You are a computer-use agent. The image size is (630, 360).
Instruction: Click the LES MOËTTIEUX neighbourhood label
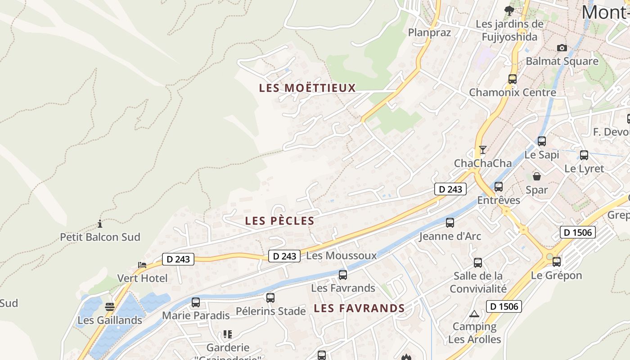pyautogui.click(x=307, y=88)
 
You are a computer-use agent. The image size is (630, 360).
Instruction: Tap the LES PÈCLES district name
pyautogui.click(x=279, y=220)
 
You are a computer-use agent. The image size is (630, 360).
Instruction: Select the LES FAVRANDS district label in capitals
pyautogui.click(x=359, y=308)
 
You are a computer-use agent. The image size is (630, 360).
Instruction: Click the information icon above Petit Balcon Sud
pyautogui.click(x=100, y=224)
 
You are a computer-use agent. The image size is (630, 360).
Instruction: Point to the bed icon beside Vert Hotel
pyautogui.click(x=142, y=265)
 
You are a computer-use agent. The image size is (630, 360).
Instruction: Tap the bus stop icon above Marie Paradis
pyautogui.click(x=195, y=302)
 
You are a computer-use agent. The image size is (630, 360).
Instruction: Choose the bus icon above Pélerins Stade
pyautogui.click(x=270, y=297)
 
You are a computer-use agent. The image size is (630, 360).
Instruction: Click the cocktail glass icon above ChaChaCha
pyautogui.click(x=483, y=150)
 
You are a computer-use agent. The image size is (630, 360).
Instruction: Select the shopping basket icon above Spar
pyautogui.click(x=536, y=176)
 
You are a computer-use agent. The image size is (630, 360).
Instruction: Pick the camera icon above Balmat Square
pyautogui.click(x=562, y=48)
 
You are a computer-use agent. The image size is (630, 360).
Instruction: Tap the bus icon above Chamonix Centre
pyautogui.click(x=512, y=79)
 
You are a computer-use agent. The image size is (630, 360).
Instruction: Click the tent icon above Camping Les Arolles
pyautogui.click(x=474, y=314)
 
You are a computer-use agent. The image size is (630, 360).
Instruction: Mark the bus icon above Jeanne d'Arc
pyautogui.click(x=450, y=222)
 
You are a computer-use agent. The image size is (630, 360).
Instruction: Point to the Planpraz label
pyautogui.click(x=429, y=32)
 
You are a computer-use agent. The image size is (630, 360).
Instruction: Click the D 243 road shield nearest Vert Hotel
pyautogui.click(x=178, y=259)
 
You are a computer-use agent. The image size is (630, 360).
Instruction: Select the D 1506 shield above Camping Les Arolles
pyautogui.click(x=504, y=307)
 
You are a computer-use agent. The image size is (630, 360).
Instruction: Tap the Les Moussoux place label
pyautogui.click(x=341, y=256)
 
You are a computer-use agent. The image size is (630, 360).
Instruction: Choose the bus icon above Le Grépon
pyautogui.click(x=556, y=261)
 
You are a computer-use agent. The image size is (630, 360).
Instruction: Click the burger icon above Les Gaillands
pyautogui.click(x=110, y=307)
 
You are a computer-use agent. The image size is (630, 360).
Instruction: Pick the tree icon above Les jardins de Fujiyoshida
pyautogui.click(x=509, y=10)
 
